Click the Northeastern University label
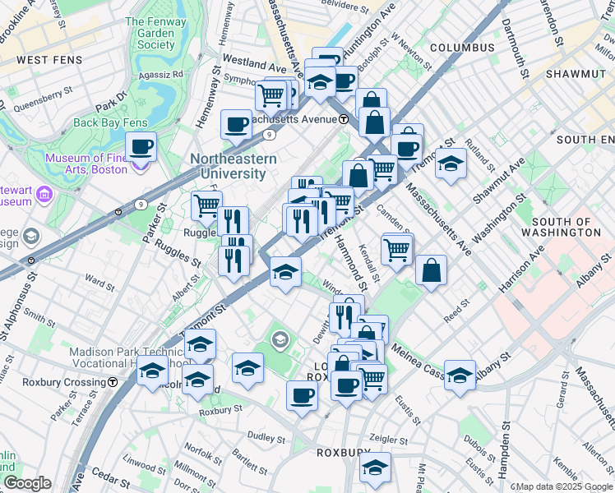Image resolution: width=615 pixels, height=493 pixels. (228, 166)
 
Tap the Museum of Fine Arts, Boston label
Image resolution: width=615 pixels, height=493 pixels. (86, 164)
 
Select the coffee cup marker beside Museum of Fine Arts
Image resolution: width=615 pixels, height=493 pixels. (141, 147)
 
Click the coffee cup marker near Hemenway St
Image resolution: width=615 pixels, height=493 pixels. (236, 125)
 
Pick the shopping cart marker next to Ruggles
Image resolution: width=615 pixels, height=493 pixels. (207, 205)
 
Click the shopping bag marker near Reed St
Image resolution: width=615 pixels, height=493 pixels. (431, 270)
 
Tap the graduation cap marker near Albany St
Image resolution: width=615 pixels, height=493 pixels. (460, 374)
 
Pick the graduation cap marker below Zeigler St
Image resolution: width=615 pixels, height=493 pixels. (375, 467)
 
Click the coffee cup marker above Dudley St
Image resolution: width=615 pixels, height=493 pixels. (302, 395)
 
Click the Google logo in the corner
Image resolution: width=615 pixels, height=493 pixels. (27, 483)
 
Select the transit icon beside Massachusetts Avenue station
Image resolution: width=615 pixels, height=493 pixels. (343, 119)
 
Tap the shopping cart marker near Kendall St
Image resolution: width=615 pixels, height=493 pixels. (397, 248)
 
